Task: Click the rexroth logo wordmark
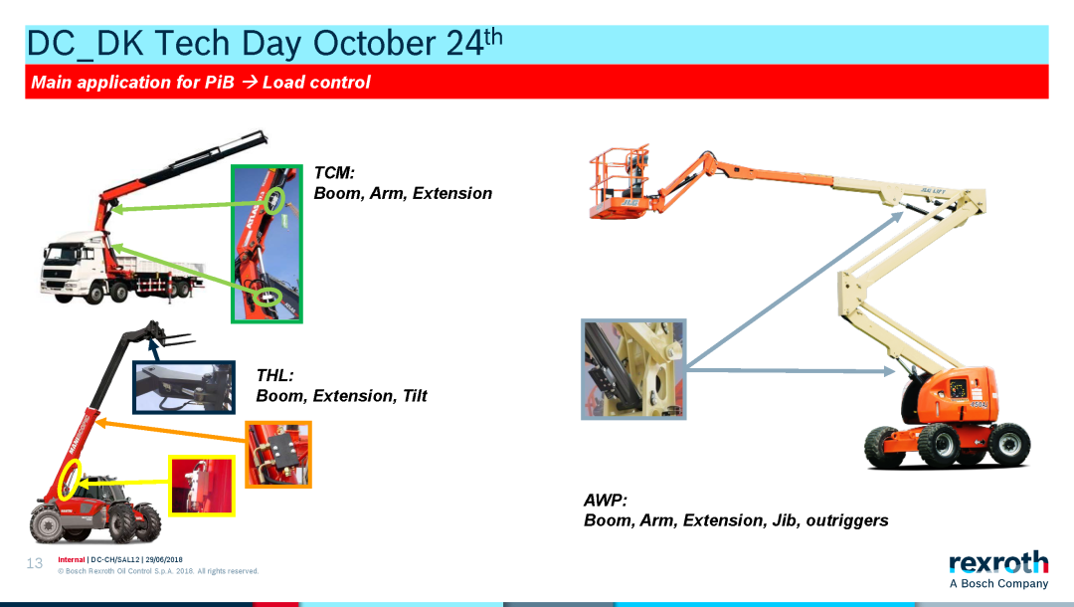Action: [998, 562]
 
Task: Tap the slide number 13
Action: [34, 563]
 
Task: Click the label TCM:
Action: [334, 172]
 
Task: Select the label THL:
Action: [274, 375]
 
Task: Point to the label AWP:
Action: [606, 501]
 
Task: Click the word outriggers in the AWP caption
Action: [846, 520]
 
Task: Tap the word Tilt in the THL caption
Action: [415, 396]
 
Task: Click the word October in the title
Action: [374, 43]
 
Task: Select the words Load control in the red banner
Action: [316, 83]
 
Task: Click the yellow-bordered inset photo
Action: [202, 486]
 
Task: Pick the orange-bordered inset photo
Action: [278, 454]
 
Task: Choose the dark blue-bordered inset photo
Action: [184, 387]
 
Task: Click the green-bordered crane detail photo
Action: [267, 243]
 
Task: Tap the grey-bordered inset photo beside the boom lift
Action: [633, 368]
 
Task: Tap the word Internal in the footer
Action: [72, 559]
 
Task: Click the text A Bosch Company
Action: [998, 584]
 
